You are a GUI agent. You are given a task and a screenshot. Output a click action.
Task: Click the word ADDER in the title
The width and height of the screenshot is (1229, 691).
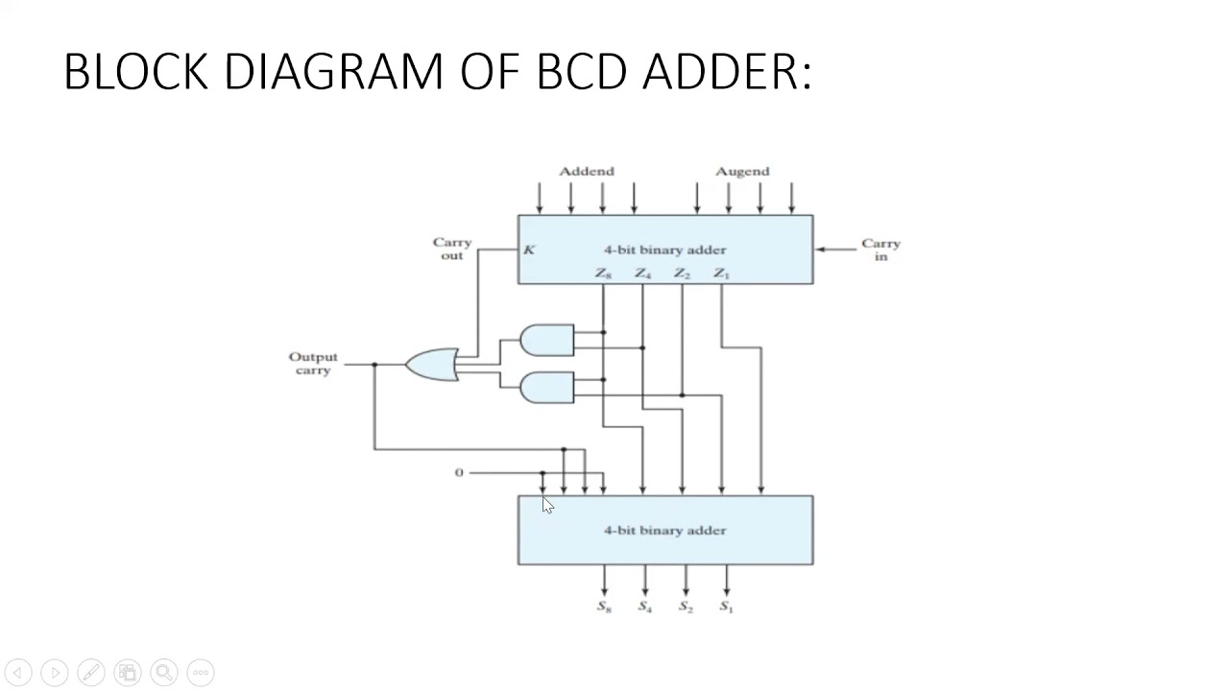coord(726,72)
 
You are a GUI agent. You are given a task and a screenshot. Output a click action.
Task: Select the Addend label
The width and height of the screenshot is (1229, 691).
coord(586,171)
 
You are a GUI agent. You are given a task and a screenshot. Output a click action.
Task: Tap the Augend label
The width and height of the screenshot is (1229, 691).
coord(742,171)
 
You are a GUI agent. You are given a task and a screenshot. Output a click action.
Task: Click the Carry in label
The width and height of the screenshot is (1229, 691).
coord(880,250)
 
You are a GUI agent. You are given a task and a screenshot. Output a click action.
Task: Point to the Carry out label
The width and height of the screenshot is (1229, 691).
coord(451,249)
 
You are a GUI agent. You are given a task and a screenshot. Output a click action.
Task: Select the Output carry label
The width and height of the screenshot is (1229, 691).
coord(313,363)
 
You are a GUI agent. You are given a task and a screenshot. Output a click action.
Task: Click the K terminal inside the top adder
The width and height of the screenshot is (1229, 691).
coord(529,250)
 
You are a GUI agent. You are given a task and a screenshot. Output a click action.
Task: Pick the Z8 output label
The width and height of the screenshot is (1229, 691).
coord(603,274)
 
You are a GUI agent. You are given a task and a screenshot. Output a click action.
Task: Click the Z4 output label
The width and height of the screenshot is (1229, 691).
coord(642,274)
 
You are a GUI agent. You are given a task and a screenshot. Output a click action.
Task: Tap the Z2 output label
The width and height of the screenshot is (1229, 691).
coord(682,274)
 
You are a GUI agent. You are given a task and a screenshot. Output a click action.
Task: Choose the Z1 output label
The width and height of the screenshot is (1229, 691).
coord(721,274)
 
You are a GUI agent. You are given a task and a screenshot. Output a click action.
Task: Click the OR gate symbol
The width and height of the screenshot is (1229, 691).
coord(433,365)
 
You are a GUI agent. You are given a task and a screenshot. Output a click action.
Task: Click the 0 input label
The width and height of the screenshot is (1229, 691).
coord(459,472)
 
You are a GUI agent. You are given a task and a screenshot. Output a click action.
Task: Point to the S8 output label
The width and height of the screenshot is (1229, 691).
coord(604,607)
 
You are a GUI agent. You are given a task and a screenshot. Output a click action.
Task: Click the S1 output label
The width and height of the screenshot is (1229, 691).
coord(726,607)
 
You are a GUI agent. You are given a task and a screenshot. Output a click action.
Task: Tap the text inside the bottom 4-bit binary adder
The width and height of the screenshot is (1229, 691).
coord(664,530)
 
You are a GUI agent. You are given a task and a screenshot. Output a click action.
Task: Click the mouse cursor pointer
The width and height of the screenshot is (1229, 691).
coord(546,505)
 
